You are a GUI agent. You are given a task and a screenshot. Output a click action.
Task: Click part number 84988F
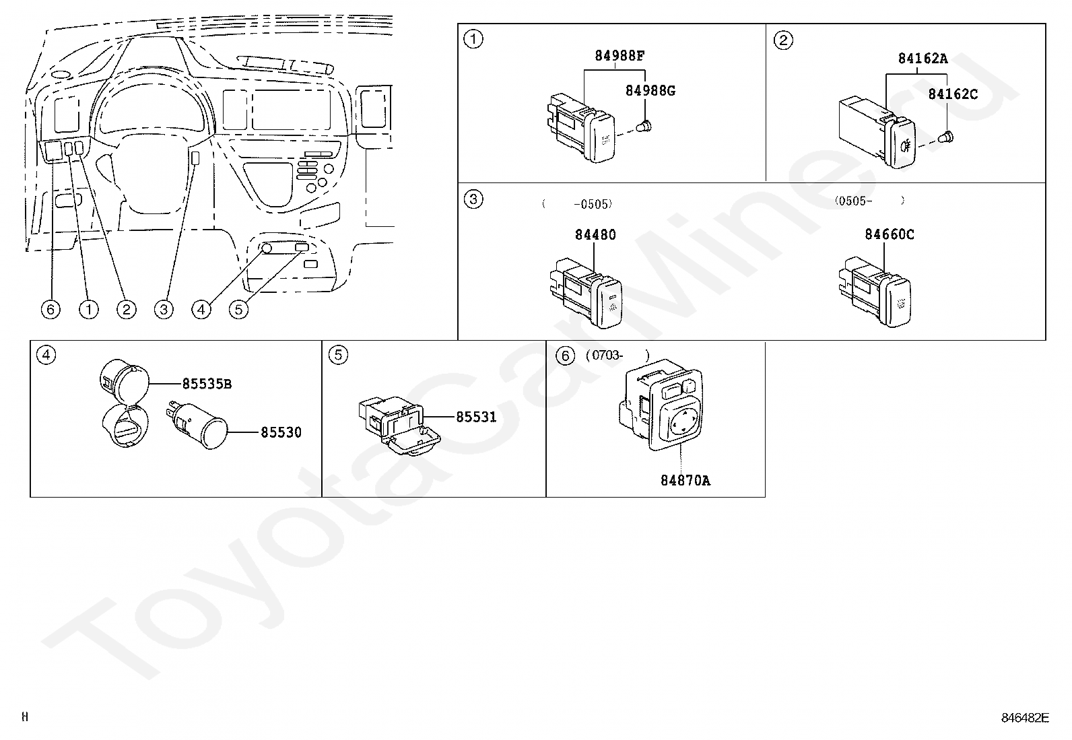click(x=619, y=56)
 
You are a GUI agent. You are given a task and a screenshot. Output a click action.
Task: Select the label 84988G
click(x=650, y=90)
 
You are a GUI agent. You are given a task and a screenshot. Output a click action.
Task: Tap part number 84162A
click(x=923, y=59)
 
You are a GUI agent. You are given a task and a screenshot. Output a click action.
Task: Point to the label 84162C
click(x=953, y=94)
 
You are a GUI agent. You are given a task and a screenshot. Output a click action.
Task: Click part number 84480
click(x=595, y=234)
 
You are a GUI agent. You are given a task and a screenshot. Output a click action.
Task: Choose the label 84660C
click(x=890, y=234)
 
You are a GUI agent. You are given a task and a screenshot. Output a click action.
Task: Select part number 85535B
click(x=207, y=384)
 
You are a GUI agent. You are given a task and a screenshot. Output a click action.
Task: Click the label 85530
click(x=281, y=433)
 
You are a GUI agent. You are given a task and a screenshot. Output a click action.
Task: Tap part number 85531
click(x=476, y=417)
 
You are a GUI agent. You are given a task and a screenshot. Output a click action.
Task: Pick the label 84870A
click(x=685, y=481)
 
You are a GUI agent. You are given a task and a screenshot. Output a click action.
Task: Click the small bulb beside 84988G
click(x=644, y=127)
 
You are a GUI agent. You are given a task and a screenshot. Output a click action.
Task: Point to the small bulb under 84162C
click(x=945, y=138)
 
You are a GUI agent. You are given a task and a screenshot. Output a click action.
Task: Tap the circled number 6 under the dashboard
click(x=51, y=309)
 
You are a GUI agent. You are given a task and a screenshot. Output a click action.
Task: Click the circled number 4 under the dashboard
click(x=201, y=309)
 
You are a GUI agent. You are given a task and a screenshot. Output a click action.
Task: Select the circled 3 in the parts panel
click(x=473, y=199)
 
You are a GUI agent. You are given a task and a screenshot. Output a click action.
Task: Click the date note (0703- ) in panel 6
click(x=618, y=355)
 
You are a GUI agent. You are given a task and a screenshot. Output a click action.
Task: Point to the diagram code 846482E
click(x=1025, y=718)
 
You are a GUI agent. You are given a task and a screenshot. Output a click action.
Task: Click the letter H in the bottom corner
click(x=25, y=716)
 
